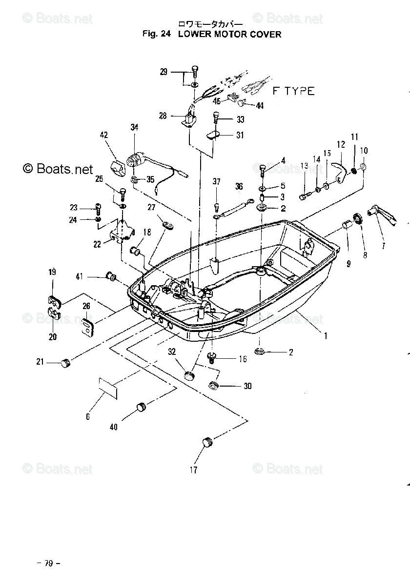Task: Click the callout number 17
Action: pos(194,470)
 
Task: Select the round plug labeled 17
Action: pos(208,442)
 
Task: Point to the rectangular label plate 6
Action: pos(108,388)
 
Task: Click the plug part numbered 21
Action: pos(66,362)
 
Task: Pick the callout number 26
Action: pos(86,306)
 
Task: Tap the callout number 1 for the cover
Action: pos(326,335)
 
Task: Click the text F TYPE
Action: pos(293,91)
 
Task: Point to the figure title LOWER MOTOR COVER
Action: pos(230,34)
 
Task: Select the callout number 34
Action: pos(134,128)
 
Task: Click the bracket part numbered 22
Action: pos(122,231)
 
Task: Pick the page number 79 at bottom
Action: pos(48,564)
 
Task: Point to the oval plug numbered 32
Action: pos(189,375)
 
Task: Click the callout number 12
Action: pos(341,144)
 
